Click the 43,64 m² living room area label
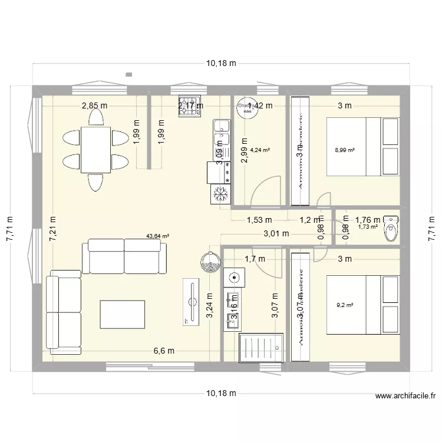[x=157, y=236]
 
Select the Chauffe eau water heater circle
[x=247, y=108]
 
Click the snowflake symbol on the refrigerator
[x=219, y=193]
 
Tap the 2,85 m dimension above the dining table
[x=94, y=106]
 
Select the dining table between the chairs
[x=95, y=150]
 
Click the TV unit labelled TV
[x=192, y=301]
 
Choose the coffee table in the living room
[x=122, y=314]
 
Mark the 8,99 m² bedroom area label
[x=344, y=150]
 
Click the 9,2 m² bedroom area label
[x=344, y=305]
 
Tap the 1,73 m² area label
[x=368, y=227]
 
